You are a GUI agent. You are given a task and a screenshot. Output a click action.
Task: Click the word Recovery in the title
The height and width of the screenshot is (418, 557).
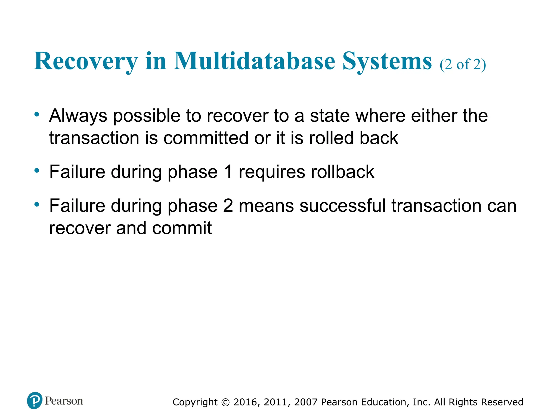tap(86, 62)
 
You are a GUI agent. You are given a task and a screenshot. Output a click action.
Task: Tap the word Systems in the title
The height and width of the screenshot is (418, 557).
tap(387, 62)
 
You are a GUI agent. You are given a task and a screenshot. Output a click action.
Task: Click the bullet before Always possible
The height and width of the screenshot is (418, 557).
tap(37, 114)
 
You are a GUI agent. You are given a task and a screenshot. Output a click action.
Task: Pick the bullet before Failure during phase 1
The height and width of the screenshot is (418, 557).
tap(37, 171)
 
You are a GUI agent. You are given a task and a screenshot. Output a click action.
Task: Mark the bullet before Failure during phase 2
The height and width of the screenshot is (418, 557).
tap(37, 204)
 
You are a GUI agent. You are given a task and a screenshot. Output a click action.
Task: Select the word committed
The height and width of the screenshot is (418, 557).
tap(206, 138)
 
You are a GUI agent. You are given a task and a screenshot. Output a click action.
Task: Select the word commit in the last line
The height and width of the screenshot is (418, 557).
tap(182, 228)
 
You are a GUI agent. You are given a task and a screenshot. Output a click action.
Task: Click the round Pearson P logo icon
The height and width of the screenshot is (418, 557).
tap(35, 401)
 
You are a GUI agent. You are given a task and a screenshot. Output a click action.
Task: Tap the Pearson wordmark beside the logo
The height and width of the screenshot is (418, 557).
tap(64, 401)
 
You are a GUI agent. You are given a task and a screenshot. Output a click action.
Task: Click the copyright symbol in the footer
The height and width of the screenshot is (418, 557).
tap(225, 402)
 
